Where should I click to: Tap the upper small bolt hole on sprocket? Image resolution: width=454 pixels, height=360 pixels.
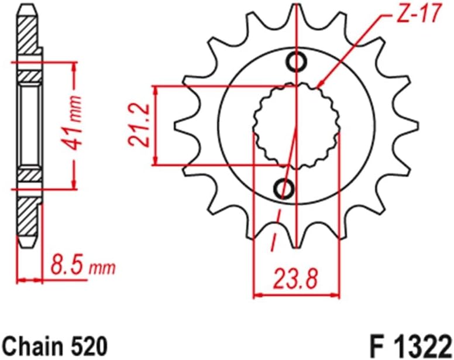tap(297, 60)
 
